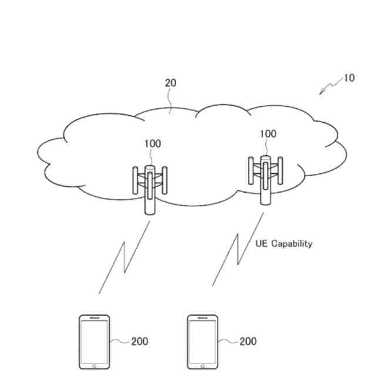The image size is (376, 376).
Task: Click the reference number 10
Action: click(349, 78)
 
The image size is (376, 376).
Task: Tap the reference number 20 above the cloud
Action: click(170, 83)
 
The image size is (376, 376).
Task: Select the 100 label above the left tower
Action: click(152, 143)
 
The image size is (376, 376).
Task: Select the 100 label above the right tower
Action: click(267, 134)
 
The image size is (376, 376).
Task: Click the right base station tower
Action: click(266, 179)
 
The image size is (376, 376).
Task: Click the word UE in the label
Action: click(261, 243)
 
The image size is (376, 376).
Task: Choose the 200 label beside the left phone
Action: click(139, 341)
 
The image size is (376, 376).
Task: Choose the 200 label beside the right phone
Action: click(247, 341)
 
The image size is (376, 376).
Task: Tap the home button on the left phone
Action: click(95, 365)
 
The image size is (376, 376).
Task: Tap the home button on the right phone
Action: click(203, 365)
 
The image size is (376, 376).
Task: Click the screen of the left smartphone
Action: click(95, 340)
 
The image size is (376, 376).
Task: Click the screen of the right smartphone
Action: click(203, 340)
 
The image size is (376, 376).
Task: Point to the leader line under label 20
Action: click(170, 102)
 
